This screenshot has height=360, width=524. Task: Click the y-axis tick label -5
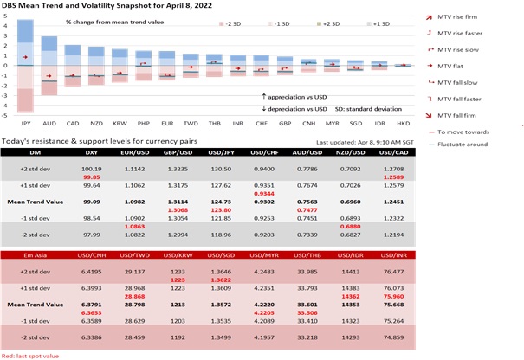(6, 114)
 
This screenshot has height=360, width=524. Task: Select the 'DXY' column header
(92, 151)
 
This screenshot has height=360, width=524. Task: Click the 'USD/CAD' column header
(489, 151)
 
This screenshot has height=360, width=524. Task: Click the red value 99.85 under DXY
(92, 177)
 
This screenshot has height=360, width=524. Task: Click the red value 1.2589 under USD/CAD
(489, 177)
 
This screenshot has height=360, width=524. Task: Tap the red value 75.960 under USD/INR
(489, 296)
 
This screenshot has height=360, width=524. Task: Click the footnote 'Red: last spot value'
(30, 354)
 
